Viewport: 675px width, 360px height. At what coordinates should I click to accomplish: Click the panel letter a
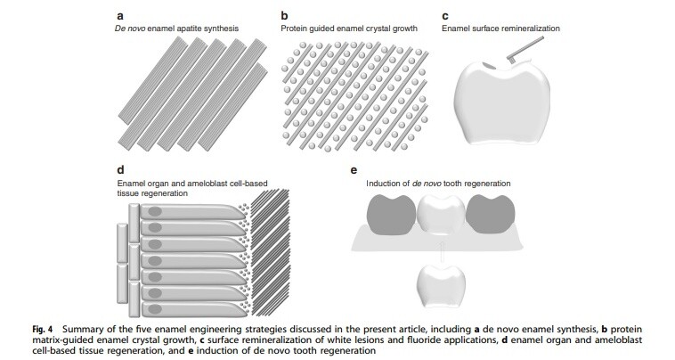[x=119, y=15]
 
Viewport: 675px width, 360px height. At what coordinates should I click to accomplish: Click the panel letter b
[x=283, y=15]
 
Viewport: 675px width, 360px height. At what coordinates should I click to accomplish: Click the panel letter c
[x=445, y=15]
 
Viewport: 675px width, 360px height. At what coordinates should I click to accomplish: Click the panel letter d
[x=119, y=169]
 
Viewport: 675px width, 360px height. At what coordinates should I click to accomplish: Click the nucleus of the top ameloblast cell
[x=156, y=211]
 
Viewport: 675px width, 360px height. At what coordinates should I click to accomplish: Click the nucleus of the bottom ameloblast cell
[x=156, y=297]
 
